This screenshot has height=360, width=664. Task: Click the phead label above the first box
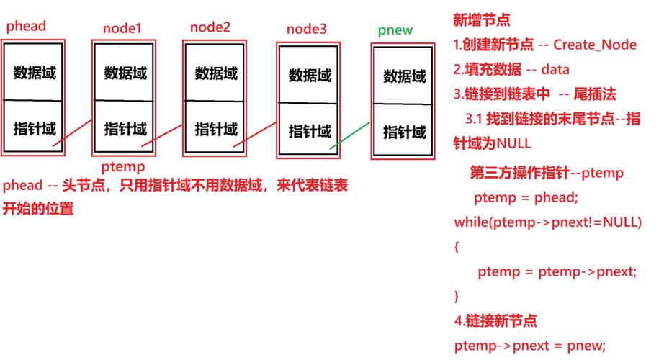coord(26,27)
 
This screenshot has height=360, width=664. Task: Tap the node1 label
coord(122,29)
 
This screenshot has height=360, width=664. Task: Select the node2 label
coord(210,27)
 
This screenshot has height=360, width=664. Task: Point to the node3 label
coord(306,29)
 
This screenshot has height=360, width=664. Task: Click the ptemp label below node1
coord(122,166)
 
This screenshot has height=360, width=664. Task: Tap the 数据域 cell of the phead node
coord(34,73)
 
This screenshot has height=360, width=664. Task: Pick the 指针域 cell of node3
coord(310,131)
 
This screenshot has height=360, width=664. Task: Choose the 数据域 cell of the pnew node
coord(404,76)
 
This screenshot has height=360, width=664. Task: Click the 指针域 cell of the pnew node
coord(404,132)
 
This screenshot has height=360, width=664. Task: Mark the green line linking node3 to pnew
coord(351,135)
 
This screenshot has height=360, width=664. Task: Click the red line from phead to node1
coord(72,135)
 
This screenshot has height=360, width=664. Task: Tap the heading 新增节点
coord(482,19)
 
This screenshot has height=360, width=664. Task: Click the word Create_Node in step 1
coord(595,45)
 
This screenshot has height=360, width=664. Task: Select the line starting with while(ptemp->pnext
coord(547,222)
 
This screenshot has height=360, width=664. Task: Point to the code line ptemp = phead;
coord(526,197)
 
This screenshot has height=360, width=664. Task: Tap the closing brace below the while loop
coord(457,296)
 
